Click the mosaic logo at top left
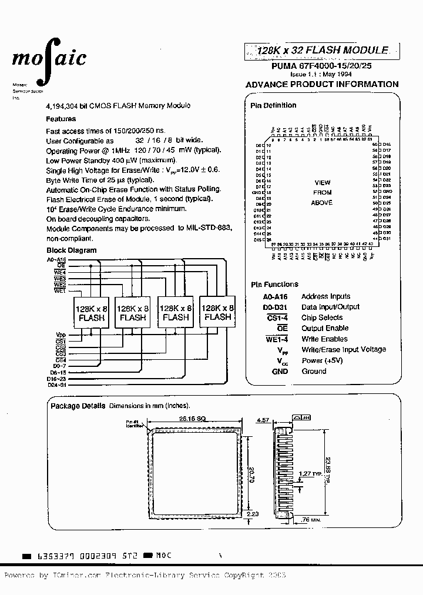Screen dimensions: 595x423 (x=49, y=58)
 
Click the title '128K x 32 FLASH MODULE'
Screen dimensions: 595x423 (x=323, y=51)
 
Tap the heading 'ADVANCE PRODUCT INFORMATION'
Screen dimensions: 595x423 (x=322, y=84)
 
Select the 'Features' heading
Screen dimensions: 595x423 (x=61, y=119)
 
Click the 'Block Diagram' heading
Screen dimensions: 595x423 (x=71, y=250)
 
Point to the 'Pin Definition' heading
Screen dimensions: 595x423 (x=274, y=105)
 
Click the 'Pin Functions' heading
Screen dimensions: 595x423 (x=274, y=285)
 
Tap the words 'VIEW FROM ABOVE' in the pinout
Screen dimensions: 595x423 (x=323, y=193)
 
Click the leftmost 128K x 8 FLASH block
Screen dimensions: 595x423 (x=91, y=312)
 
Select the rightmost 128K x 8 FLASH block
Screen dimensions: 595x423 (x=217, y=312)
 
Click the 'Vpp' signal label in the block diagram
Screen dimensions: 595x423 (x=61, y=335)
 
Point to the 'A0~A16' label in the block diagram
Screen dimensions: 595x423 (x=57, y=259)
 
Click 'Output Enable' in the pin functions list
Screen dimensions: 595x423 (x=325, y=328)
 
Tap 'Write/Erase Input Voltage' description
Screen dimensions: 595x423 (x=344, y=349)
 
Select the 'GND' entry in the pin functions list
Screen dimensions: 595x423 (x=280, y=371)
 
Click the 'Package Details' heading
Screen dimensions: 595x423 (x=78, y=406)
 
